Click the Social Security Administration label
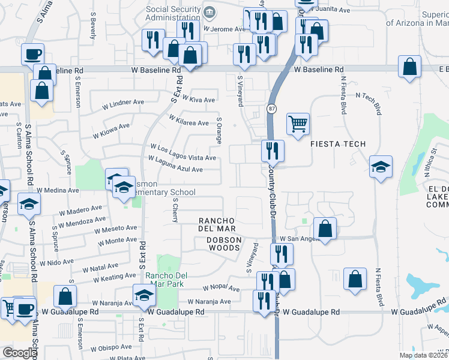pos(174,14)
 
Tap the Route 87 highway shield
pos(271,108)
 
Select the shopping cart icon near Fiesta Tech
pos(298,124)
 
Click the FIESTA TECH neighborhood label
pos(337,144)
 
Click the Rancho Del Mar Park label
pos(167,280)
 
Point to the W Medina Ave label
pos(58,190)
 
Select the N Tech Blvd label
pos(369,102)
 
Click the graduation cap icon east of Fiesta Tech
pos(381,167)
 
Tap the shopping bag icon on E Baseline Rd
pos(409,67)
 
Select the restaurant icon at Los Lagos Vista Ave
pos(273,150)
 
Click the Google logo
pos(20,353)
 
